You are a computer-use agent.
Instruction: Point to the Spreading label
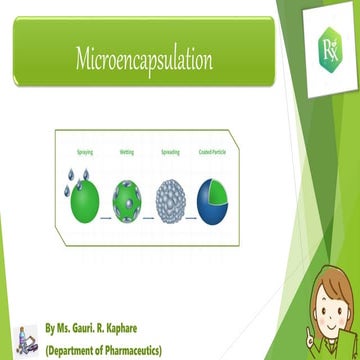point(170,152)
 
